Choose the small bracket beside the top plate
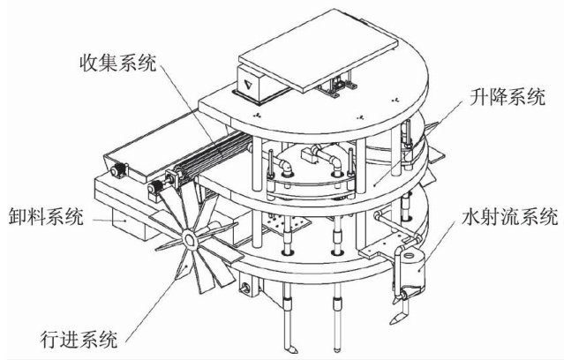point(335,88)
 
